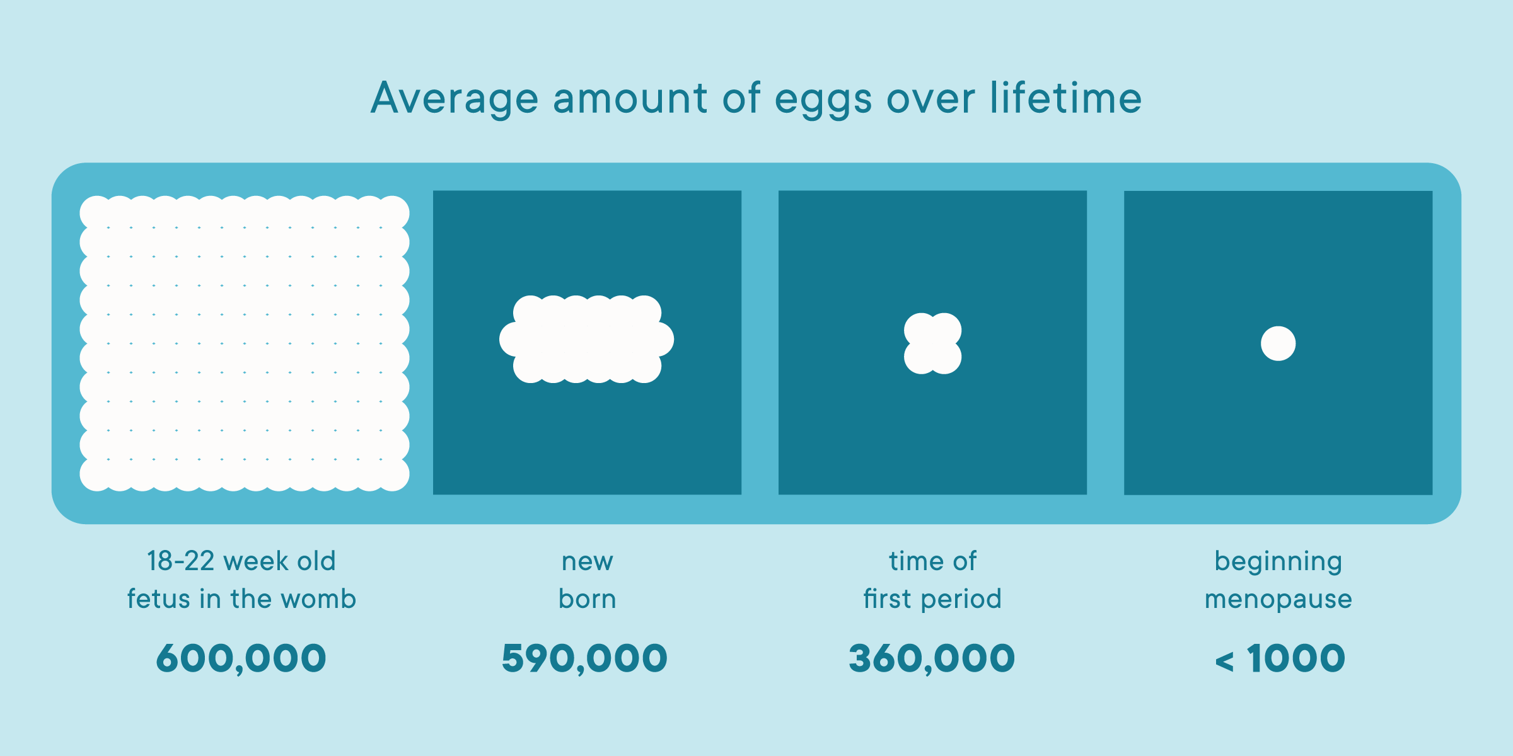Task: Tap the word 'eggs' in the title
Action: pos(823,101)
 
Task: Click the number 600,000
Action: pos(241,658)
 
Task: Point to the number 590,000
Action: pos(584,658)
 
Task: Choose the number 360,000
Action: pos(932,658)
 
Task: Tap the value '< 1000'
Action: pos(1280,658)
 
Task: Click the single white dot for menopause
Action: pos(1278,343)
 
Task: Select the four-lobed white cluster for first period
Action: pos(932,343)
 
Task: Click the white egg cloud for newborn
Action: pos(586,339)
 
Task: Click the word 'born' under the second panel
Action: pos(587,598)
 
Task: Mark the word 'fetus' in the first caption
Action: pos(158,598)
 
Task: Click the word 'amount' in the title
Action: pos(630,99)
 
